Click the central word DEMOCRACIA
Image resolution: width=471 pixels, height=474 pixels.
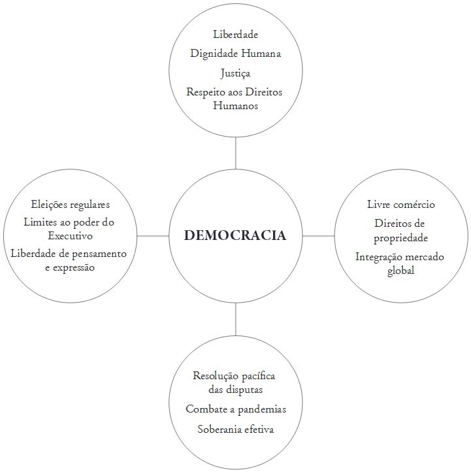pos(235,235)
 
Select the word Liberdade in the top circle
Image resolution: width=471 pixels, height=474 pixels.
pos(235,34)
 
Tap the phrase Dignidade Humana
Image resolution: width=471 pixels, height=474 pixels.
pos(235,54)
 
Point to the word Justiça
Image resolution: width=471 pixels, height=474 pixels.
pos(235,73)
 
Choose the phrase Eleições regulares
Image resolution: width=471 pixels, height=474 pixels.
pos(70,204)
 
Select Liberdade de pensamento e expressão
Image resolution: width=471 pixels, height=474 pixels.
pos(69,260)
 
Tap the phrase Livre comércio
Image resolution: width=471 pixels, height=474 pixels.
pos(401,205)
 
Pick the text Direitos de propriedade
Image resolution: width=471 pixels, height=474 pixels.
pos(401,230)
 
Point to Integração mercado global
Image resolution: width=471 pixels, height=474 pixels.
pos(400,263)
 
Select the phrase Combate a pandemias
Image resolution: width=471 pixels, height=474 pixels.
pos(235,409)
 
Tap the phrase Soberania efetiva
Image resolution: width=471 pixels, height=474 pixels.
pos(235,430)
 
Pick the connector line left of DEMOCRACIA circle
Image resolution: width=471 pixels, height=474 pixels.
pos(153,235)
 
